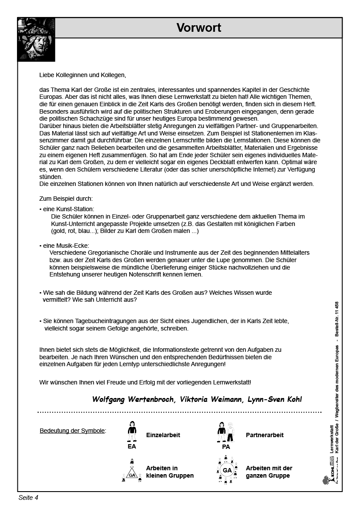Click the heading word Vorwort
point(199,28)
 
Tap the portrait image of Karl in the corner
point(36,39)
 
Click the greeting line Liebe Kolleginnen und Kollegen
point(82,75)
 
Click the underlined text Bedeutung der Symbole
point(73,431)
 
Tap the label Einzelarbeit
point(163,435)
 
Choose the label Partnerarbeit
point(265,435)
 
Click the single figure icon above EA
point(132,432)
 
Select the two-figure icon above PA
point(226,432)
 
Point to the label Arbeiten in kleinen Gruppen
point(170,472)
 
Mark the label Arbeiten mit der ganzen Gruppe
point(269,472)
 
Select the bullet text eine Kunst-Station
point(67,209)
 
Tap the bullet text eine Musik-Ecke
point(65,246)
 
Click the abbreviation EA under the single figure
point(132,447)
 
